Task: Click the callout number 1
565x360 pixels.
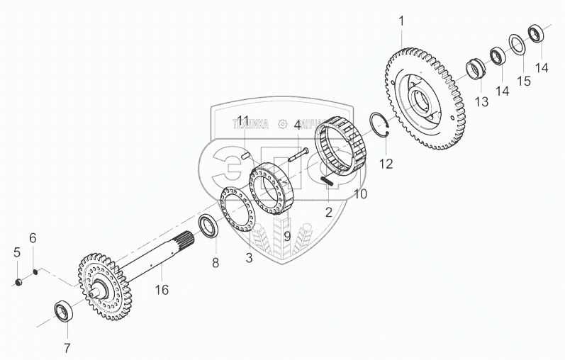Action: [401, 21]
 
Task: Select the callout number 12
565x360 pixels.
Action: [386, 164]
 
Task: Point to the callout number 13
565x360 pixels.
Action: [482, 103]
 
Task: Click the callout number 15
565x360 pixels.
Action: [523, 82]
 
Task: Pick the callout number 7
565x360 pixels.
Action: [67, 347]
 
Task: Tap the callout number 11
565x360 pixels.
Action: [243, 120]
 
